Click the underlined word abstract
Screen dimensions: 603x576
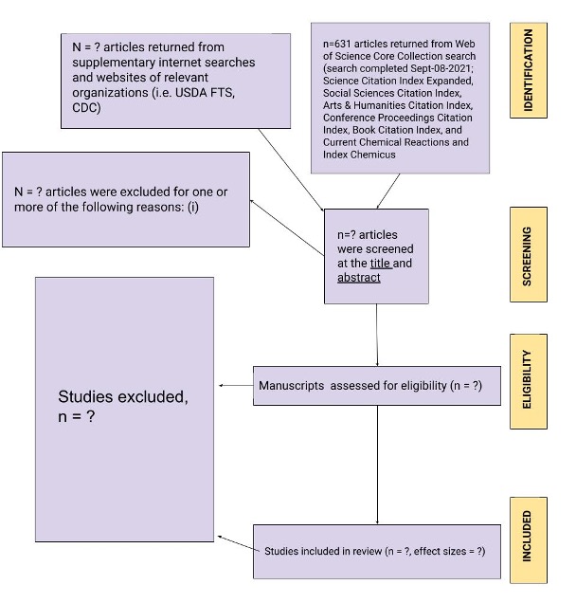point(358,278)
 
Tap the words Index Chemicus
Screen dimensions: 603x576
point(359,155)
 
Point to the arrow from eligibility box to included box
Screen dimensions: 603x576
point(377,465)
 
